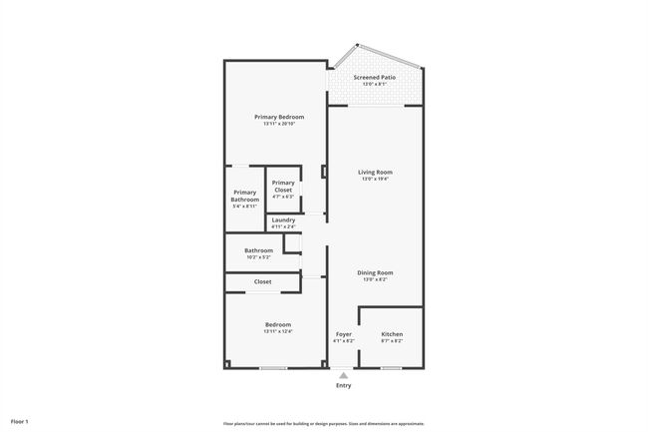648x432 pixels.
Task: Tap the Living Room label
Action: (376, 173)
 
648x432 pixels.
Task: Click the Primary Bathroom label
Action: (245, 196)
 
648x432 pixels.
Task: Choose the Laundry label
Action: (283, 219)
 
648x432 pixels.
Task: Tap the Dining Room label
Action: (376, 272)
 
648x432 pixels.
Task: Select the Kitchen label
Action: (392, 334)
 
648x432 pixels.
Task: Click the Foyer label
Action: (343, 334)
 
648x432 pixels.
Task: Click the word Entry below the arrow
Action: (343, 386)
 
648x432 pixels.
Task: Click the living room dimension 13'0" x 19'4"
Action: (376, 180)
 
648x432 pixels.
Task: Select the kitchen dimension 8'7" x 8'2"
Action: (392, 341)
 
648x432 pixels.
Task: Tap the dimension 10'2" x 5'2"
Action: (259, 257)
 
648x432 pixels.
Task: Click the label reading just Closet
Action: (262, 282)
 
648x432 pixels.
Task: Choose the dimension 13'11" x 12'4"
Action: (278, 331)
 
